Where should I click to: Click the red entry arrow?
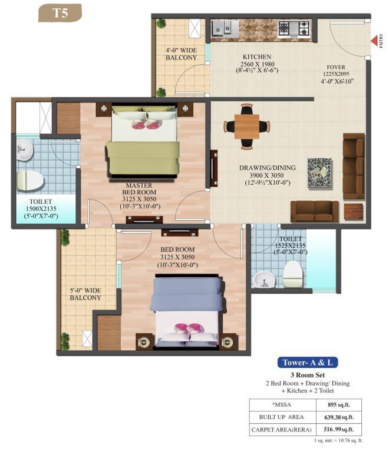(374, 41)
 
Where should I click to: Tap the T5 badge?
(60, 14)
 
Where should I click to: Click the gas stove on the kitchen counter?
(294, 29)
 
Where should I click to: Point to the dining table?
(247, 127)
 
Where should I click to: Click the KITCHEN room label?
(257, 57)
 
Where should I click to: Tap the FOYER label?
(336, 67)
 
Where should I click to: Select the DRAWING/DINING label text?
(267, 168)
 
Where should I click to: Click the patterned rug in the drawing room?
(319, 172)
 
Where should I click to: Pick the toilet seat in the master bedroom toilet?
(29, 181)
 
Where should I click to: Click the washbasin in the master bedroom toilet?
(25, 150)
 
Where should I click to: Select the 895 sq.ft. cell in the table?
(339, 405)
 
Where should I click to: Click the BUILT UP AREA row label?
(281, 417)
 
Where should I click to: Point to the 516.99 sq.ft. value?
(338, 430)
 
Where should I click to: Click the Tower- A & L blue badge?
(308, 363)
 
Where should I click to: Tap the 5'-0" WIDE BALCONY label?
(85, 294)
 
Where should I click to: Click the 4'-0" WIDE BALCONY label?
(181, 54)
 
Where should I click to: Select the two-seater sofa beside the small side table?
(314, 211)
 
